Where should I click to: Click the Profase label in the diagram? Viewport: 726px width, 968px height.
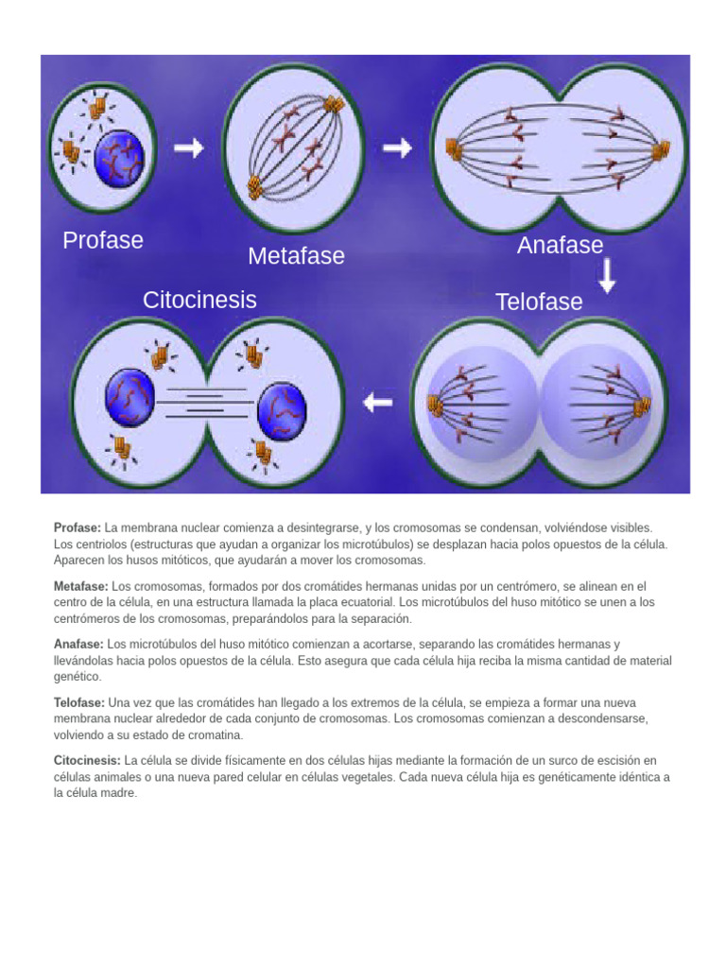point(103,240)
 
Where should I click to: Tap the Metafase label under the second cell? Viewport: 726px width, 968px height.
point(296,256)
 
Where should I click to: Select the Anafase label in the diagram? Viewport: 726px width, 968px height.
point(560,246)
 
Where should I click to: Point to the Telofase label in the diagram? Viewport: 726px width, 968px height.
point(539,302)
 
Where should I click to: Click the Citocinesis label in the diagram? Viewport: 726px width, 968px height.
point(199,301)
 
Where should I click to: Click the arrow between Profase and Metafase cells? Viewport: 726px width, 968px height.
point(189,148)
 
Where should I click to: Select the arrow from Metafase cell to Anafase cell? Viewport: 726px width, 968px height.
point(397,148)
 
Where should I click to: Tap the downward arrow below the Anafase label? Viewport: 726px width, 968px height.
point(607,275)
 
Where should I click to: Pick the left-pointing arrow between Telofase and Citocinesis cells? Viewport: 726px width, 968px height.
point(378,403)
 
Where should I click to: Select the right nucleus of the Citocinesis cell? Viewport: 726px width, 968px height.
point(282,408)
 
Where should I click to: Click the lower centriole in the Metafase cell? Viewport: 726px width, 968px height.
point(255,188)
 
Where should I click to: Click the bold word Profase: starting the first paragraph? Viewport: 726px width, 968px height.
point(78,527)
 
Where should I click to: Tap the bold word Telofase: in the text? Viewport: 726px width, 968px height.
point(80,703)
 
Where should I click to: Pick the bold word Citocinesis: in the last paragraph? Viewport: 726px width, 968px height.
point(87,761)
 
